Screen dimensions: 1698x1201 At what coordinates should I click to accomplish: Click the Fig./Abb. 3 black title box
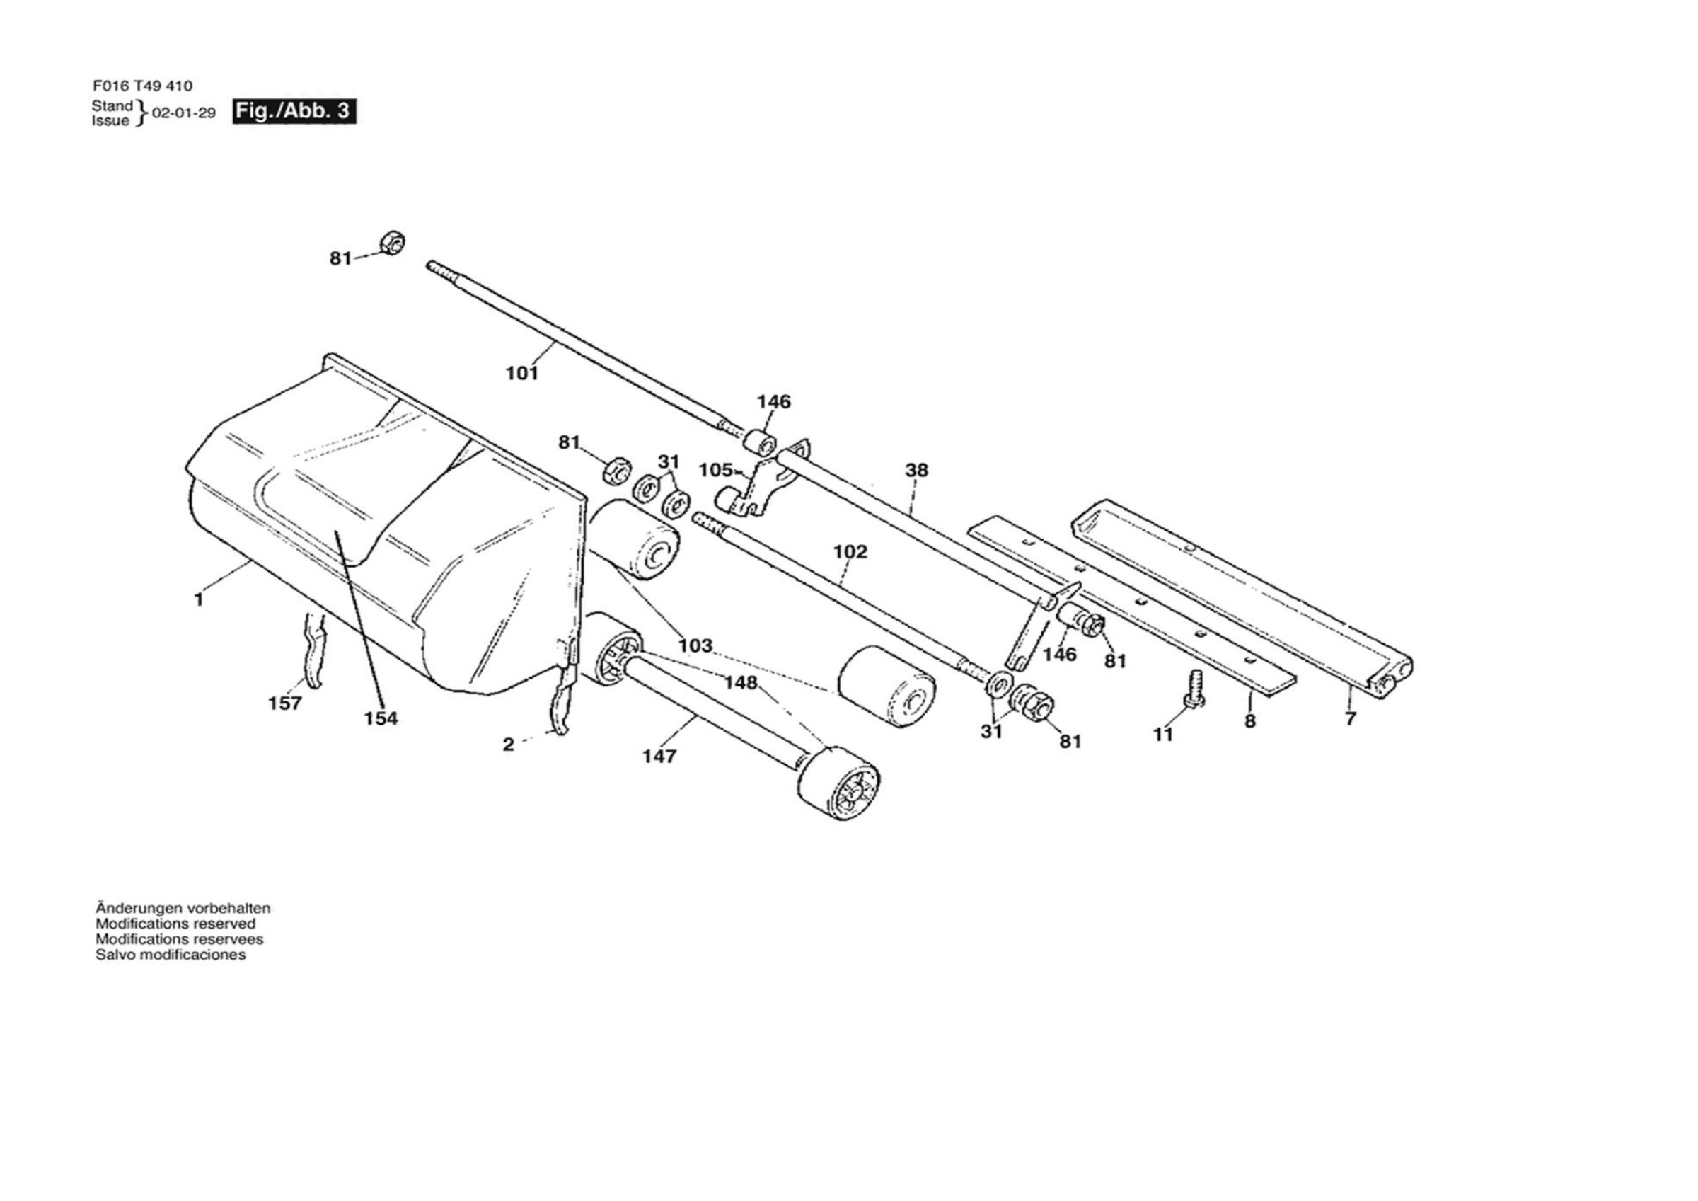(x=294, y=111)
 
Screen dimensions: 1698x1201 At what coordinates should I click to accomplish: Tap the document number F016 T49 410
(x=143, y=86)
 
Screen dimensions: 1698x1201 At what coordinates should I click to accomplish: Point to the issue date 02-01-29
(x=183, y=113)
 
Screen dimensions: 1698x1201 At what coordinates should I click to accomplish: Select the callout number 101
(x=522, y=373)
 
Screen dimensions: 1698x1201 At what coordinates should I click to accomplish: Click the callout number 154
(x=381, y=718)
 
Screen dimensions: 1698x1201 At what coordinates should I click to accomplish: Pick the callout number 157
(x=285, y=703)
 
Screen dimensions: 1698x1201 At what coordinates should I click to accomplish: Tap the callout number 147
(x=659, y=756)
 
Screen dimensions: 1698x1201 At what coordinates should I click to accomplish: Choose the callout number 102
(x=850, y=551)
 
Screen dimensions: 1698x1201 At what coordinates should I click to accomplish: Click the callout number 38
(x=916, y=469)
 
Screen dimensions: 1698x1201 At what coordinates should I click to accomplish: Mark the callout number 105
(x=716, y=470)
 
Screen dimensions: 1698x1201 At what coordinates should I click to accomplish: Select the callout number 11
(x=1163, y=734)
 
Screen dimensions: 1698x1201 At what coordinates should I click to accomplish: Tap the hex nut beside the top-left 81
(x=392, y=242)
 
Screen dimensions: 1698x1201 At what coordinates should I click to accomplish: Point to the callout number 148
(x=741, y=682)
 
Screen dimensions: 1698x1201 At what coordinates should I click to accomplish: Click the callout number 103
(x=696, y=645)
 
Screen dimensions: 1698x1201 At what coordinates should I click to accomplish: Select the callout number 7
(x=1351, y=718)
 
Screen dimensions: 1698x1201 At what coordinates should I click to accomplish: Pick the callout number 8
(x=1250, y=720)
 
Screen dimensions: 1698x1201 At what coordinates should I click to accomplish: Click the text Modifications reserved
(x=175, y=924)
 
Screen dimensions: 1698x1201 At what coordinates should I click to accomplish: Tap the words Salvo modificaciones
(x=171, y=955)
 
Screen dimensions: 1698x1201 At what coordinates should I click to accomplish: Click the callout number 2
(x=508, y=745)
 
